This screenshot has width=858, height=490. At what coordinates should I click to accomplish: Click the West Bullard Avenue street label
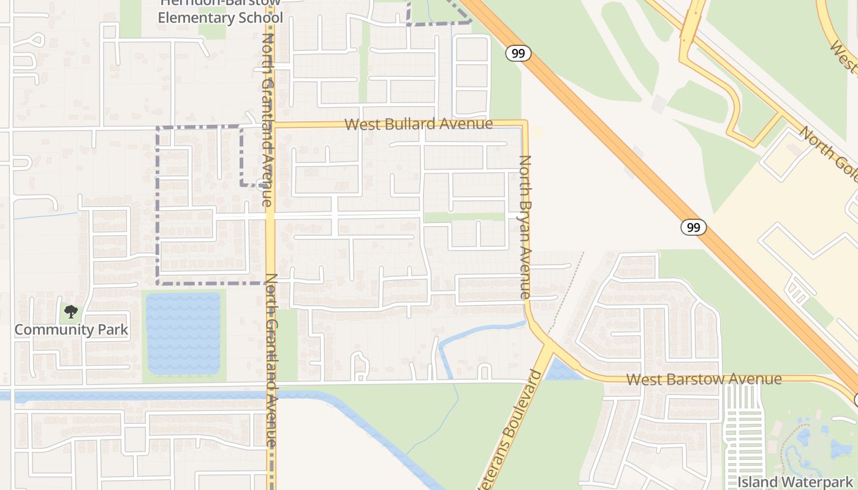click(x=418, y=124)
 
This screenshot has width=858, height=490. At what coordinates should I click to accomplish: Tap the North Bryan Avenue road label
click(x=525, y=227)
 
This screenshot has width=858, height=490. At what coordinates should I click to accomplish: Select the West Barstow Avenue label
click(x=704, y=380)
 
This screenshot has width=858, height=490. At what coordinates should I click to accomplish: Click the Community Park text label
click(x=71, y=330)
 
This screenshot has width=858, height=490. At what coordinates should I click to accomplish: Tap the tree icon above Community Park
click(x=71, y=312)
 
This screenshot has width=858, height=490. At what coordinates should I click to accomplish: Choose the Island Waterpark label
click(x=797, y=482)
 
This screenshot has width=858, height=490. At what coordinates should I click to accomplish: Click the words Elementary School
click(x=220, y=18)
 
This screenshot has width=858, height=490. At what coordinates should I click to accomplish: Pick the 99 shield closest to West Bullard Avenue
click(x=518, y=53)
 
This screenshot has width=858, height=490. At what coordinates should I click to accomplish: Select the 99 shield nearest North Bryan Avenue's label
click(x=693, y=227)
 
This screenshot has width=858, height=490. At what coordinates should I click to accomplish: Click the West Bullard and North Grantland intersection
click(x=271, y=125)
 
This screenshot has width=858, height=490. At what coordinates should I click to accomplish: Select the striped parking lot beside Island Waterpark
click(x=743, y=435)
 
